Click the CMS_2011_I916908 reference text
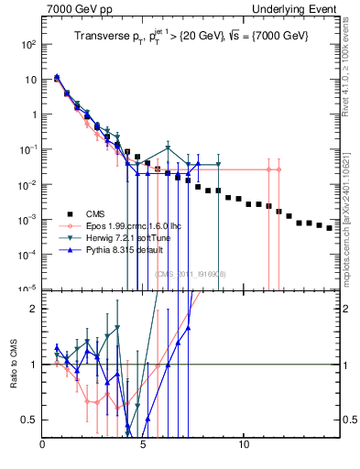tap(190, 274)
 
